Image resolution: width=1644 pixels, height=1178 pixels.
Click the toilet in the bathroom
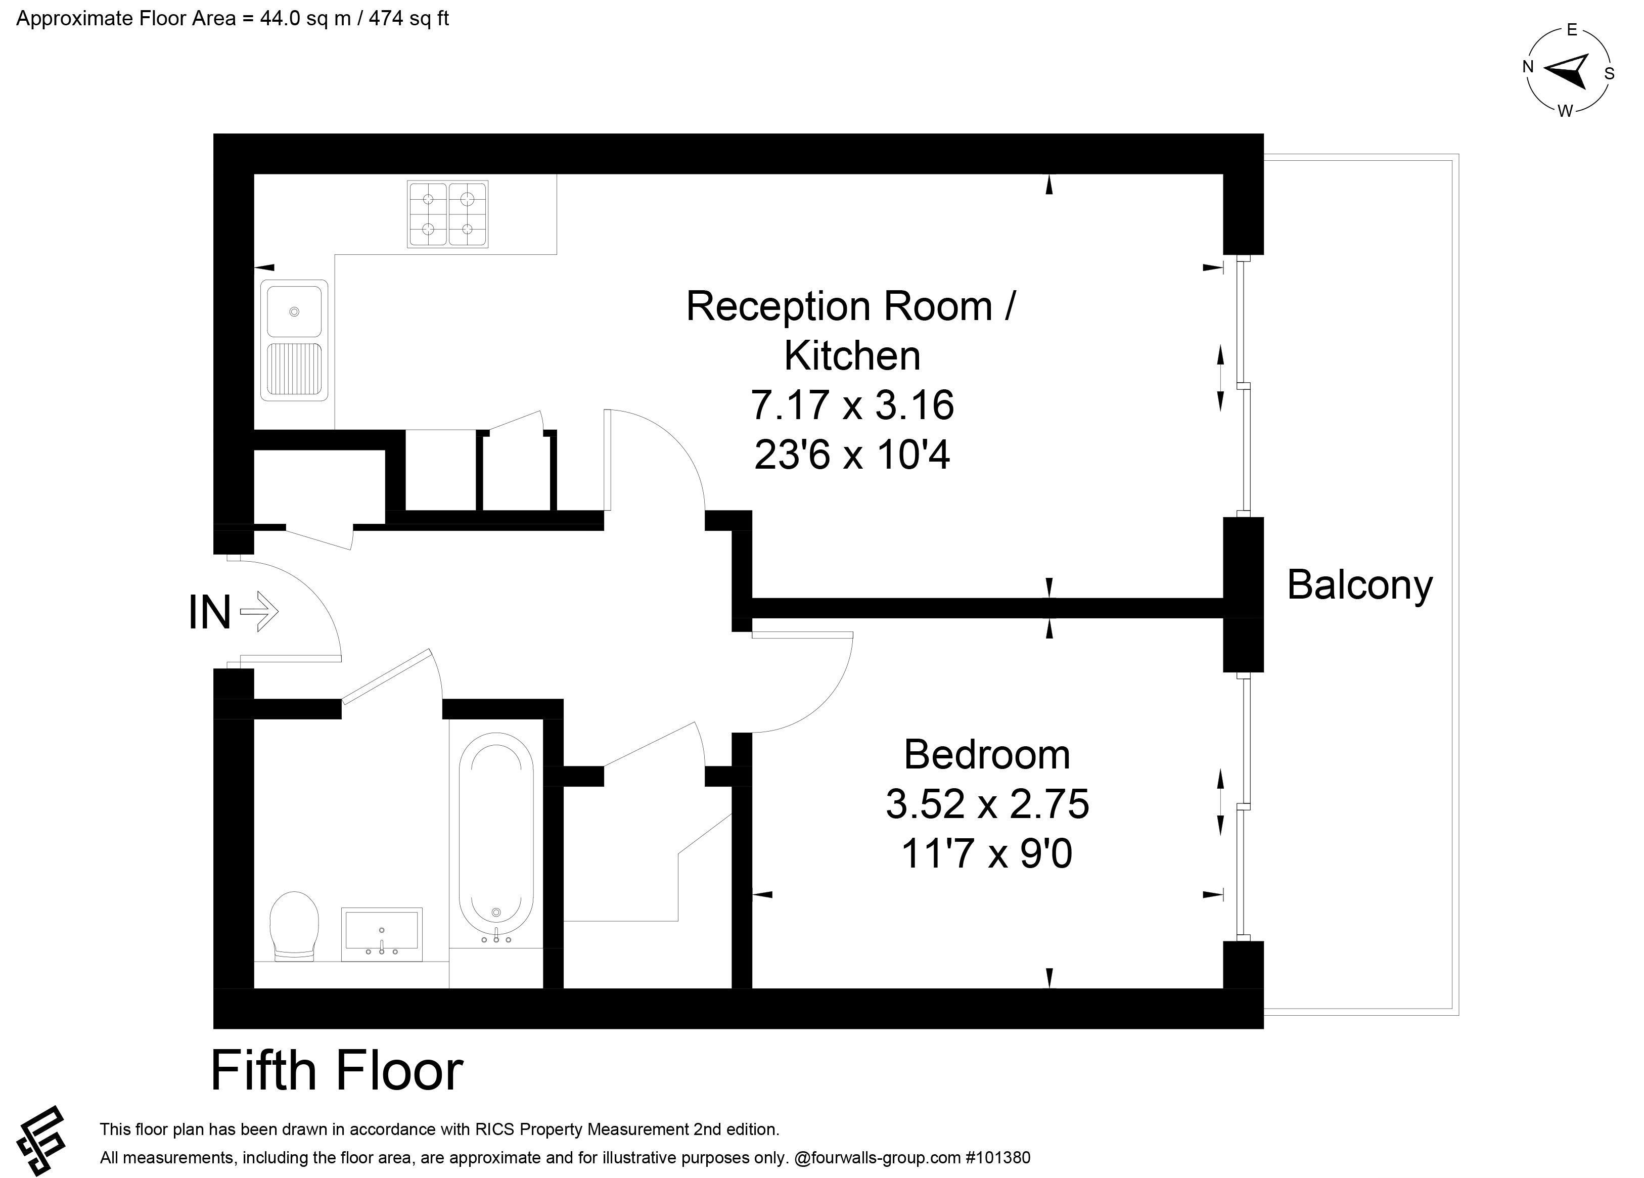(294, 926)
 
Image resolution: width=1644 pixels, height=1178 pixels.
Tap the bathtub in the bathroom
(496, 841)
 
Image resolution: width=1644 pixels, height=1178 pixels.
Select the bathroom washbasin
(381, 934)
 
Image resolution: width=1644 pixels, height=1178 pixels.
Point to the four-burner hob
(448, 214)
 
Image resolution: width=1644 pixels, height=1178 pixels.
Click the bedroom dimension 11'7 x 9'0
(986, 853)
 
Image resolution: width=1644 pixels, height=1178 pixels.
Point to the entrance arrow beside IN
(259, 612)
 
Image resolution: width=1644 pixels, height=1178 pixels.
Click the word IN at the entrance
(209, 613)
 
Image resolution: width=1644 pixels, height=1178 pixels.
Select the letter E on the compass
(1572, 30)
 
